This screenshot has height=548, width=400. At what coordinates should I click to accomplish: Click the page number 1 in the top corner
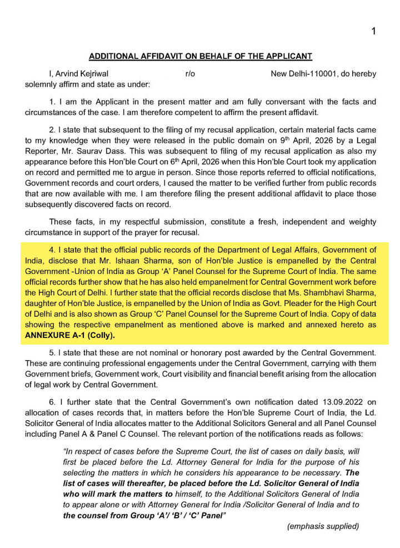click(374, 31)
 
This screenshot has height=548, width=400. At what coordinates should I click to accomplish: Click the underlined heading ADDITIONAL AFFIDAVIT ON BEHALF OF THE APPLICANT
click(201, 56)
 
